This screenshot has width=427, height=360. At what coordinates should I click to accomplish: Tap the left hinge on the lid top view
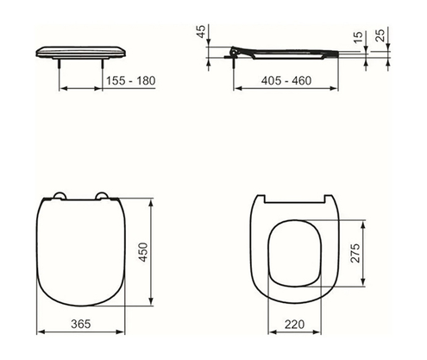[60, 196]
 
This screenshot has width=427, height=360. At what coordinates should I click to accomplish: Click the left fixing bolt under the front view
[59, 63]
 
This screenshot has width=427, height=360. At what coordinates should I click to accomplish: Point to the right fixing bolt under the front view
[104, 63]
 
